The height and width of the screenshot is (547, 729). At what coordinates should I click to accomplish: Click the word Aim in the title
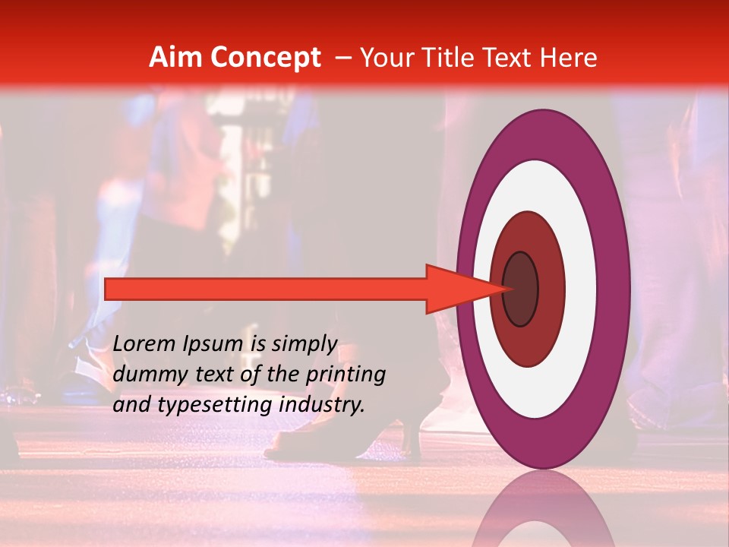(175, 58)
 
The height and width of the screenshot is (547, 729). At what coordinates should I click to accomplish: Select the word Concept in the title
(265, 58)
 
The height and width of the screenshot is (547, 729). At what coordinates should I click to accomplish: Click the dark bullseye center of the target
(520, 289)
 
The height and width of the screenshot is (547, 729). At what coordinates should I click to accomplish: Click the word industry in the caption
(322, 405)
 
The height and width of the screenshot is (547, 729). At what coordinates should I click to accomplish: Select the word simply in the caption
(303, 345)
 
